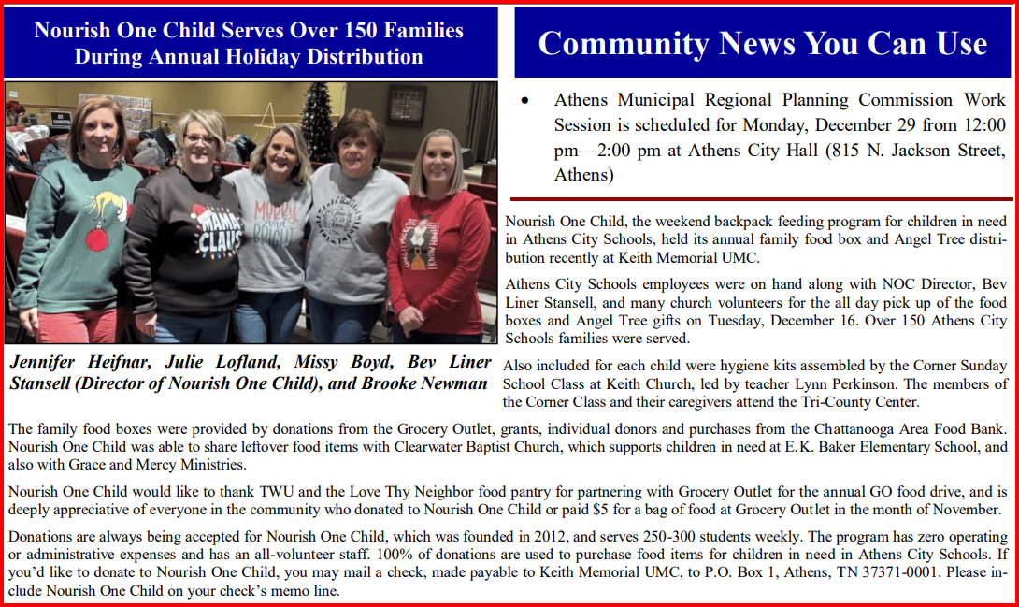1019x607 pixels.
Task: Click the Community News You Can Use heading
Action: click(x=762, y=43)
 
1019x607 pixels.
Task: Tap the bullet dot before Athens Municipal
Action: click(x=528, y=100)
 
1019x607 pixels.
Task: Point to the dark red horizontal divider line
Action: click(x=758, y=199)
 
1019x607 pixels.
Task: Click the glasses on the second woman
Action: click(x=200, y=139)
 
